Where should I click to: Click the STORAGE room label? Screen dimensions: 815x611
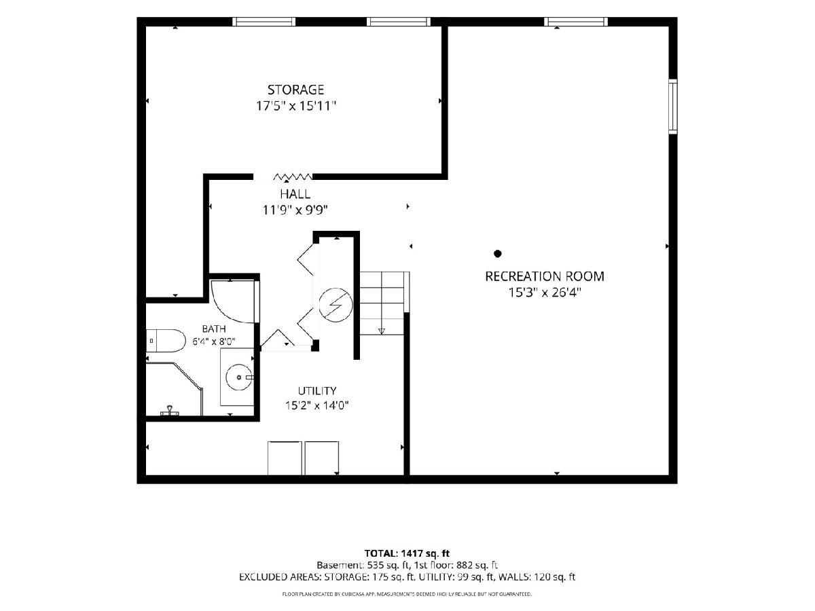pyautogui.click(x=295, y=90)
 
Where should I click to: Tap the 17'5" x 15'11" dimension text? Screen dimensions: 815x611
pyautogui.click(x=296, y=107)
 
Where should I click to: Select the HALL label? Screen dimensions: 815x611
pyautogui.click(x=295, y=194)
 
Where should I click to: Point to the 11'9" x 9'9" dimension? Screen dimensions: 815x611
pyautogui.click(x=295, y=210)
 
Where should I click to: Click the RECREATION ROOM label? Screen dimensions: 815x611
pyautogui.click(x=544, y=276)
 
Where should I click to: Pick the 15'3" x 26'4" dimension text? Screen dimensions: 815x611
pyautogui.click(x=544, y=293)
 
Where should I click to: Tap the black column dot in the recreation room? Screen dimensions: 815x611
pyautogui.click(x=498, y=254)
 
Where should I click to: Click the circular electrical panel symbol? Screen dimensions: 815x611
pyautogui.click(x=336, y=305)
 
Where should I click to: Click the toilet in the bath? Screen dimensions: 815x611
pyautogui.click(x=166, y=341)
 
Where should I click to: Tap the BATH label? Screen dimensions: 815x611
pyautogui.click(x=214, y=329)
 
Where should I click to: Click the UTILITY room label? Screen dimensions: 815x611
pyautogui.click(x=317, y=390)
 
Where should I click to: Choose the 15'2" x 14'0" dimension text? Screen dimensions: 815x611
pyautogui.click(x=317, y=405)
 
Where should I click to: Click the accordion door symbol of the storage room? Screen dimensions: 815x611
pyautogui.click(x=293, y=177)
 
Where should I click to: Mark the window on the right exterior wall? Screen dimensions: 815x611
pyautogui.click(x=673, y=107)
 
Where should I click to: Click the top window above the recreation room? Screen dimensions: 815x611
pyautogui.click(x=576, y=22)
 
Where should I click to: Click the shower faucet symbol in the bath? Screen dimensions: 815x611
pyautogui.click(x=170, y=411)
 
